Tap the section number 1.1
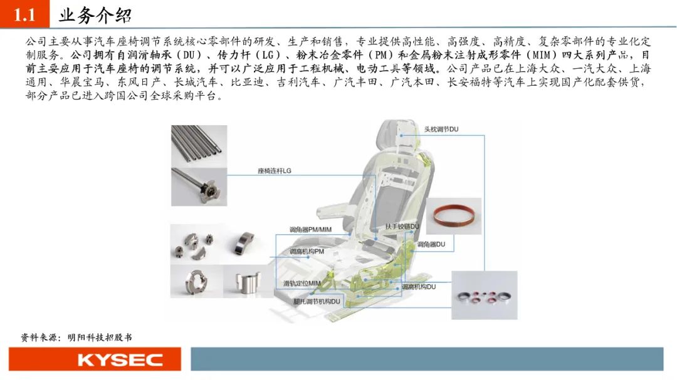click(24, 14)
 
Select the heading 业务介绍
click(95, 16)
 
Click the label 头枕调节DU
click(441, 129)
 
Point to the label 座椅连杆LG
click(274, 171)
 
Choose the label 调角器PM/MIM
click(310, 230)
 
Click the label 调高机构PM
click(307, 252)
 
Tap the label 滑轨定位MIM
click(302, 284)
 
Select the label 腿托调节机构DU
click(317, 302)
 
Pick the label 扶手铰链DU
click(402, 227)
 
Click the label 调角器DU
click(431, 244)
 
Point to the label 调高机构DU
click(419, 287)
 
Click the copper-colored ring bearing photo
click(454, 216)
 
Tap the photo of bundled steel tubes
click(199, 146)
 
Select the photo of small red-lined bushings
click(484, 295)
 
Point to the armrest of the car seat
click(341, 210)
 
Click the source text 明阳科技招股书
click(100, 337)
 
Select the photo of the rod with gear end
click(199, 187)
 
